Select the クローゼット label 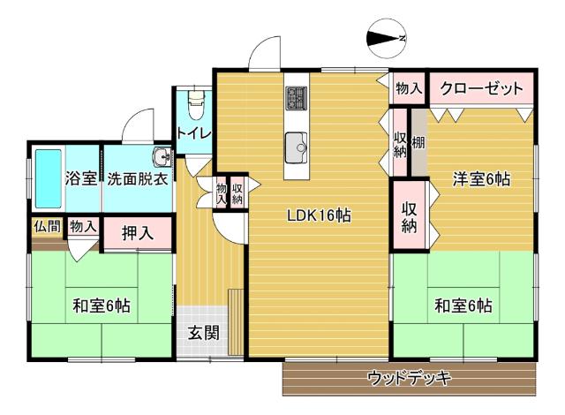(x=481, y=88)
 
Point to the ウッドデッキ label (x=409, y=379)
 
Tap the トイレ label (x=192, y=133)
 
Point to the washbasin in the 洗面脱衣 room (x=162, y=157)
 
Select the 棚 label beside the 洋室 (x=418, y=141)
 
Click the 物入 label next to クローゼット (x=408, y=88)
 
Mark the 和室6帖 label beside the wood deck (x=463, y=306)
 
